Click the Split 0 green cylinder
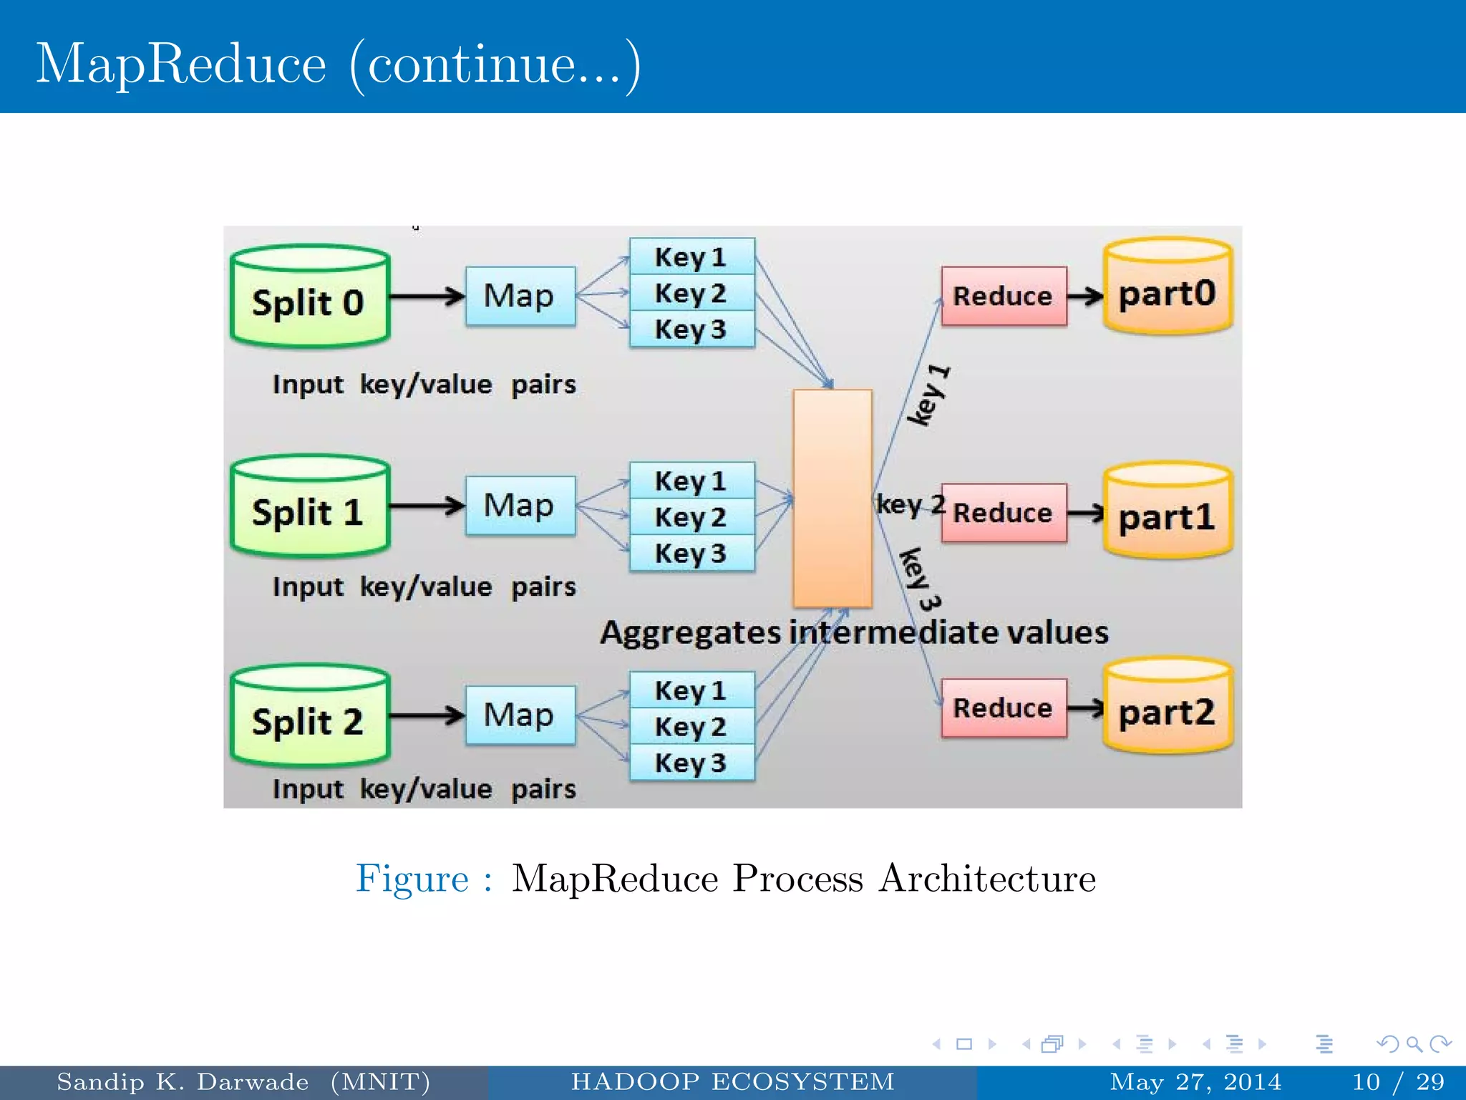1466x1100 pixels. click(x=310, y=297)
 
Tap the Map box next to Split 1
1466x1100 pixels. click(x=520, y=506)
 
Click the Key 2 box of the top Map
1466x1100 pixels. click(x=691, y=293)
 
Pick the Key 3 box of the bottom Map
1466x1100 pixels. click(x=691, y=763)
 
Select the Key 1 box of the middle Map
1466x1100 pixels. click(x=691, y=481)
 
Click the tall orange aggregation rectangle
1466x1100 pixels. click(x=832, y=498)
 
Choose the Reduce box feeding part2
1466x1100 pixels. click(x=1004, y=708)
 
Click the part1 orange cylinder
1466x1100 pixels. click(x=1168, y=511)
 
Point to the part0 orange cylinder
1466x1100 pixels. click(x=1168, y=287)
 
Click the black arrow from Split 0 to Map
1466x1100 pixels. click(x=427, y=296)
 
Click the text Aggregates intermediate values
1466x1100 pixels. click(x=854, y=633)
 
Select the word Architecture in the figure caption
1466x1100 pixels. click(x=987, y=878)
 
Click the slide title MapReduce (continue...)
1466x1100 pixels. click(x=338, y=64)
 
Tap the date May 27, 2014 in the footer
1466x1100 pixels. click(x=1195, y=1081)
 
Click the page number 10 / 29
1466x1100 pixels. click(x=1398, y=1081)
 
